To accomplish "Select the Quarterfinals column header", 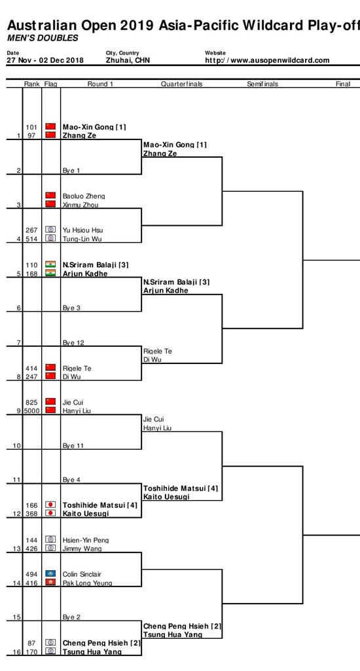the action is (x=181, y=84).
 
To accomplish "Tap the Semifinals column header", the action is (x=262, y=84).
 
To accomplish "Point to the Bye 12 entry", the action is (x=72, y=342).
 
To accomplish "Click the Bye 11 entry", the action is (x=72, y=446).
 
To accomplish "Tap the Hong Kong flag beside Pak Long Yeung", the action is (x=50, y=583).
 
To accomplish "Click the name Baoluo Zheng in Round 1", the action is (x=84, y=196).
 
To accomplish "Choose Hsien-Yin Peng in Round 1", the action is (x=85, y=540).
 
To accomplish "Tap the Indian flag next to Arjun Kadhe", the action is (x=50, y=273).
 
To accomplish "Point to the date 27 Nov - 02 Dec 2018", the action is (x=45, y=60).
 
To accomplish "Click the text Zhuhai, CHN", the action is (x=128, y=60).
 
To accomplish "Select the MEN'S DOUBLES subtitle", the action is (x=43, y=38).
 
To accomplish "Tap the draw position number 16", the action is (x=17, y=652).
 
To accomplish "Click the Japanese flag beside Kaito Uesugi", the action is (x=50, y=513).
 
